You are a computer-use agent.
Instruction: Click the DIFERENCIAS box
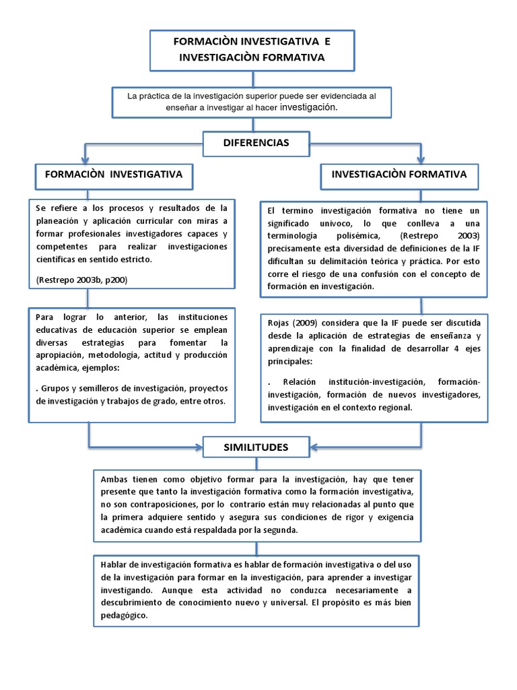[256, 143]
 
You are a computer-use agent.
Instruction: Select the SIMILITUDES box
[256, 447]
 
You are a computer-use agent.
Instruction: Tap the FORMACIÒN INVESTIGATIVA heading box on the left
[113, 175]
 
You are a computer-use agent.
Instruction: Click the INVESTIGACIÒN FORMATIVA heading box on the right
[399, 175]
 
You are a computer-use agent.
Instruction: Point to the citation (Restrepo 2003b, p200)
[81, 279]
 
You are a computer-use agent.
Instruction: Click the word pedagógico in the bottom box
[123, 616]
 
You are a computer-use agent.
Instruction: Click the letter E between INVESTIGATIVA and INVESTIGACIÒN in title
[327, 42]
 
